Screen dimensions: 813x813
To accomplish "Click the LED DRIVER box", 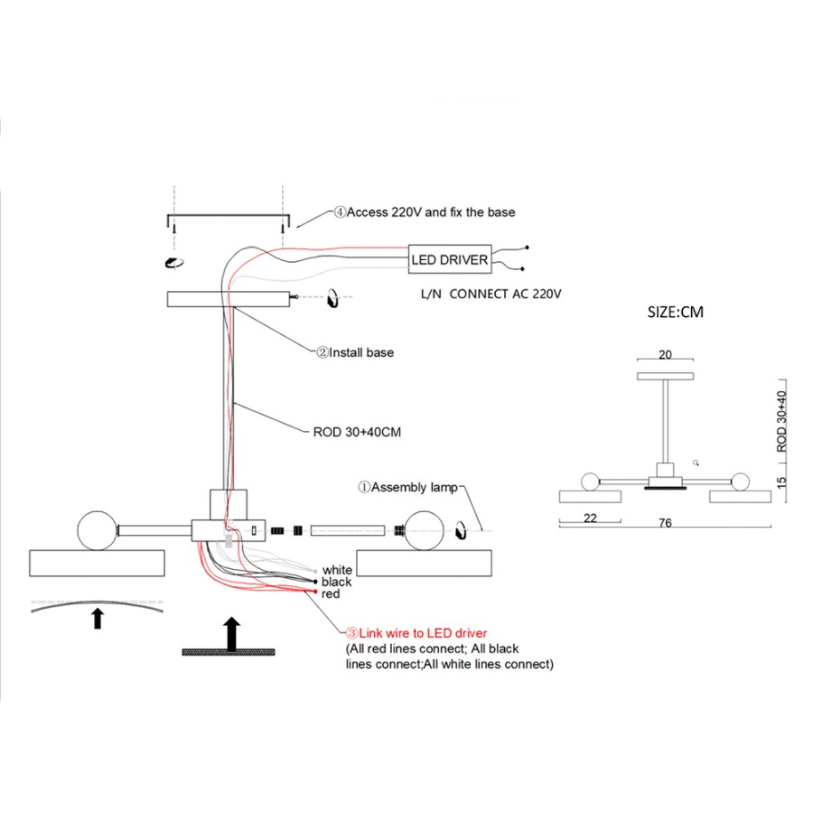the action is point(450,258).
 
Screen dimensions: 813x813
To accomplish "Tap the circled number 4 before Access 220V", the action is point(340,212).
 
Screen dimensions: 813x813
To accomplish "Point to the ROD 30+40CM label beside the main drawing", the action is point(357,432).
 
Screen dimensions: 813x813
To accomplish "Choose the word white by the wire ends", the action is point(337,570).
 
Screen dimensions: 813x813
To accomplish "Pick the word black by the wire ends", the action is point(337,582).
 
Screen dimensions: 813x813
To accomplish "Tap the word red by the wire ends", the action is point(331,593).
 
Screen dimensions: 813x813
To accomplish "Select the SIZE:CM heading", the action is point(676,313).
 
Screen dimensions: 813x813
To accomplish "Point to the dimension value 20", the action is point(665,354).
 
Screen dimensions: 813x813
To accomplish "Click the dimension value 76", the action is point(665,523).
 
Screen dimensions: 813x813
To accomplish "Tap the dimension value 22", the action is point(590,518).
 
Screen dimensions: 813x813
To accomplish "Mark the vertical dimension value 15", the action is point(781,482).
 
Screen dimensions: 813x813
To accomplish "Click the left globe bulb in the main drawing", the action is point(97,530).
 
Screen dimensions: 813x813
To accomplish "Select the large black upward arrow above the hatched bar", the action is point(231,633).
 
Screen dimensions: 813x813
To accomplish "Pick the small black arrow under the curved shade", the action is point(97,619).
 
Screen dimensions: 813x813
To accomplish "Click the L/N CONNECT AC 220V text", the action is point(491,294).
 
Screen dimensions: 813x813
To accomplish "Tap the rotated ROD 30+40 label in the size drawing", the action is point(781,421).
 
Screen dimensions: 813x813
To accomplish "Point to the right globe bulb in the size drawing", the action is point(741,481).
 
